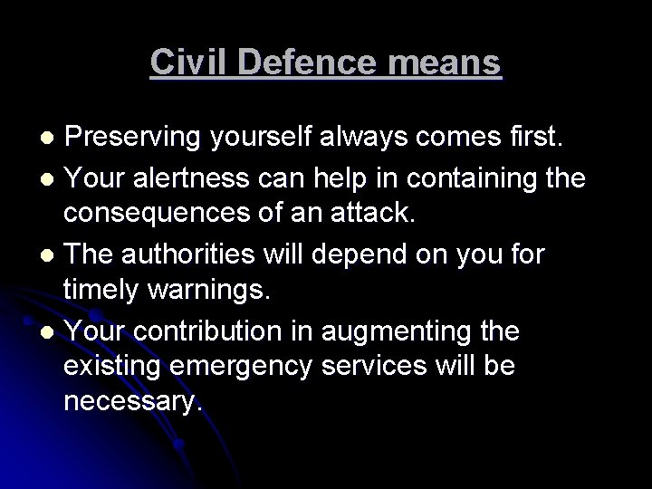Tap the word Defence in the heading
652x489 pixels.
click(x=295, y=62)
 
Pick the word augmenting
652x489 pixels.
click(x=404, y=331)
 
